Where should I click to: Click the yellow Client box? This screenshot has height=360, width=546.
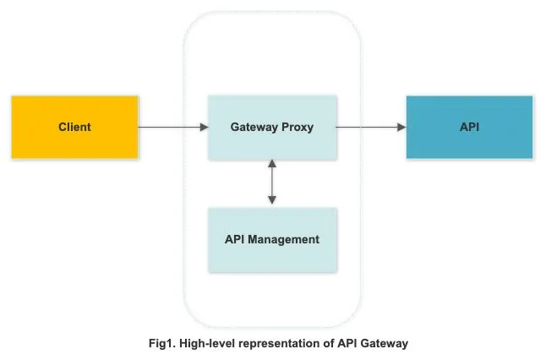point(74,127)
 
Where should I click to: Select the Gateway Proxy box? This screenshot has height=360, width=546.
point(271,127)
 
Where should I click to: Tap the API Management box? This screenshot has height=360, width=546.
point(271,239)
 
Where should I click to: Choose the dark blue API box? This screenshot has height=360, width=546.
point(469,127)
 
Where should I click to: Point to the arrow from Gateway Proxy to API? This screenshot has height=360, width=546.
point(371,127)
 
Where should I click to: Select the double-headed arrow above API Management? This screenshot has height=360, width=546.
point(271,183)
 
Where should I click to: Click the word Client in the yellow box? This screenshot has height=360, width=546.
point(74,127)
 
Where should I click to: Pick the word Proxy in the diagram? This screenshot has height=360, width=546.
point(298,127)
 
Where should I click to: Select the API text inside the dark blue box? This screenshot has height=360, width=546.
point(469,127)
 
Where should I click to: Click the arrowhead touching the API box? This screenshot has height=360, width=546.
point(401,127)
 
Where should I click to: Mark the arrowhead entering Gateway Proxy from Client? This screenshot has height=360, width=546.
point(204,127)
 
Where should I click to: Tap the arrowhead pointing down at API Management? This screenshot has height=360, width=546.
point(271,201)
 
